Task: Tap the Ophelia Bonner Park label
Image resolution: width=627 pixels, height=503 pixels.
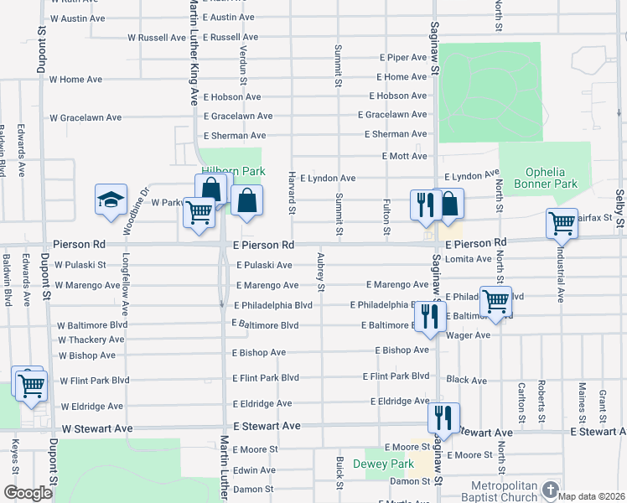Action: point(545,178)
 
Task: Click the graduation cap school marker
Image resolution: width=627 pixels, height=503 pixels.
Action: point(111,201)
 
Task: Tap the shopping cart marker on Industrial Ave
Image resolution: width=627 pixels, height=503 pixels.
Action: point(561,225)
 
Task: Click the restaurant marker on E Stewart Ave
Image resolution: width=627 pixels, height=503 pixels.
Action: point(443,418)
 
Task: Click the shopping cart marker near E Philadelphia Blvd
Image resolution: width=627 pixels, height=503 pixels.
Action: point(496,301)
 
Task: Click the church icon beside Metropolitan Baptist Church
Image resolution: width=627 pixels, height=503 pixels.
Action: point(551,489)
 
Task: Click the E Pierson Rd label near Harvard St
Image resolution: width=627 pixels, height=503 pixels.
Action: point(263,246)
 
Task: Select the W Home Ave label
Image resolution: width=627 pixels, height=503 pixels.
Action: point(75,80)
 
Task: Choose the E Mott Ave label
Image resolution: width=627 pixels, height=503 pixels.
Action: point(404,156)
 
